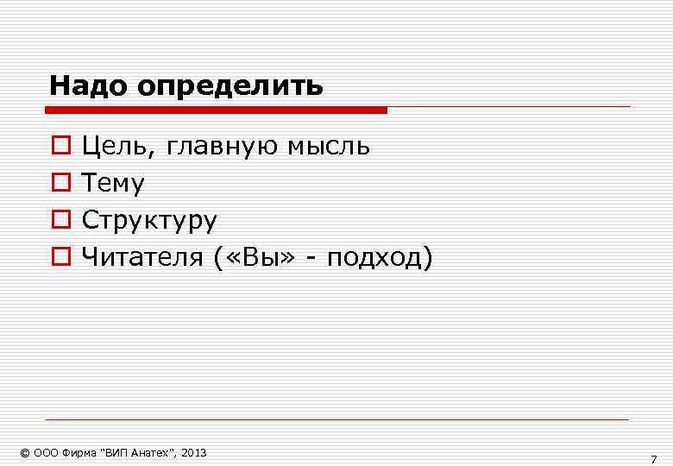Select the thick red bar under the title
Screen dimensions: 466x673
(x=216, y=110)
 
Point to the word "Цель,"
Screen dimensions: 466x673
(x=119, y=147)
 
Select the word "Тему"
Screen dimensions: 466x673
(x=113, y=184)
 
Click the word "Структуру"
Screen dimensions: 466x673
(x=149, y=221)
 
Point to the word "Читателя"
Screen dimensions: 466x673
(x=142, y=256)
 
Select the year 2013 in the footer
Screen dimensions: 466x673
(x=195, y=453)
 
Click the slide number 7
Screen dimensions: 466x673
(x=653, y=459)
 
